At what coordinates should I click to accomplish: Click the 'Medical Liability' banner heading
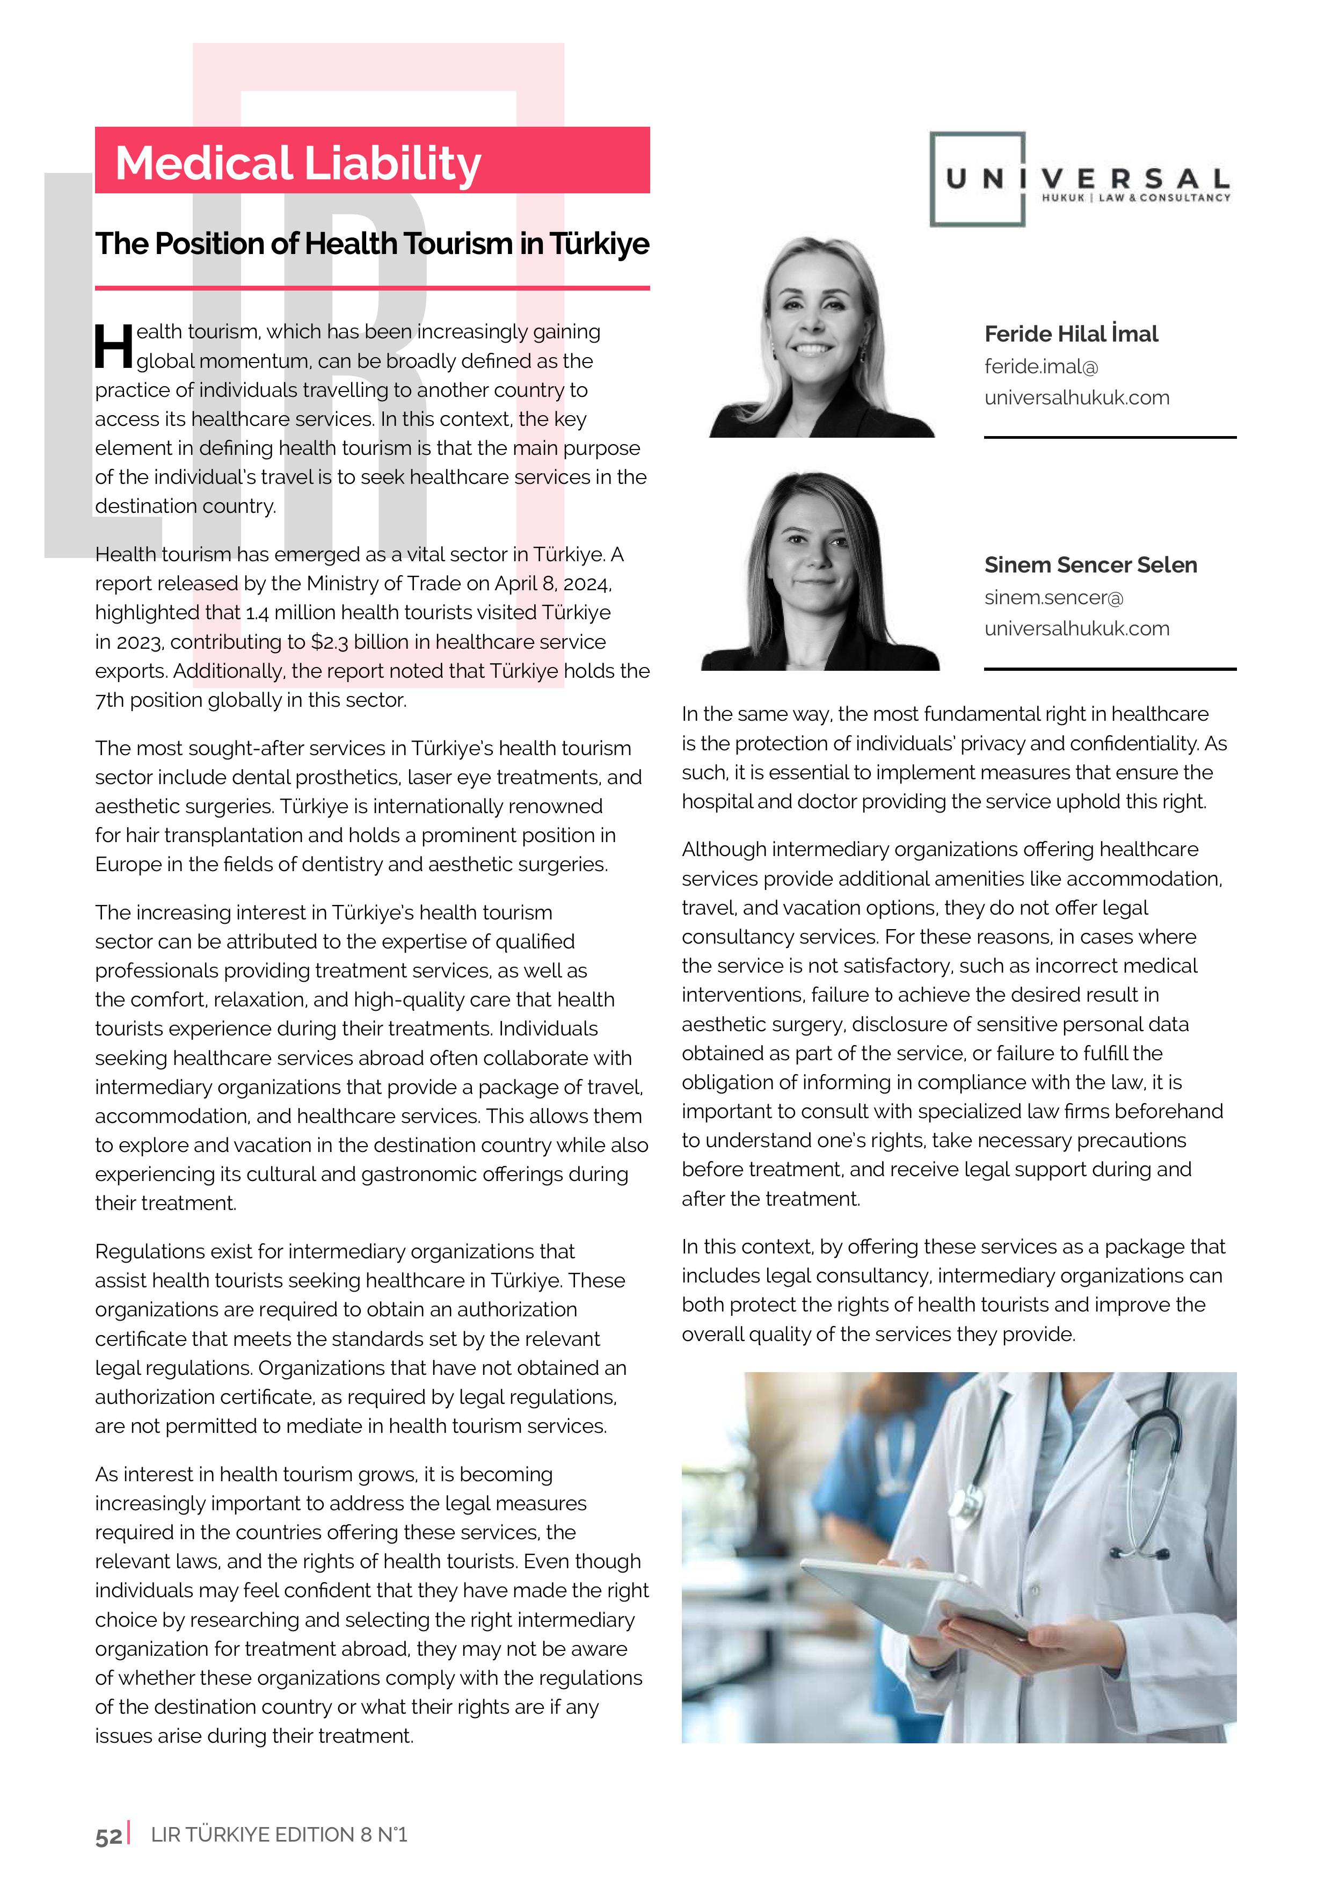point(298,163)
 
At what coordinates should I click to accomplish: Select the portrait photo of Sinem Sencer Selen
point(820,572)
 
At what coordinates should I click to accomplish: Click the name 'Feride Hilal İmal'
point(1071,334)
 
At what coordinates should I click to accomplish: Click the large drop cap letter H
point(113,346)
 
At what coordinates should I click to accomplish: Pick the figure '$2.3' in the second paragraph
point(329,642)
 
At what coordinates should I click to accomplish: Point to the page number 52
point(108,1836)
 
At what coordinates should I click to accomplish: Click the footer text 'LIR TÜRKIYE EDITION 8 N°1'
point(279,1835)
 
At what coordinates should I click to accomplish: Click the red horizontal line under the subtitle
point(373,288)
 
